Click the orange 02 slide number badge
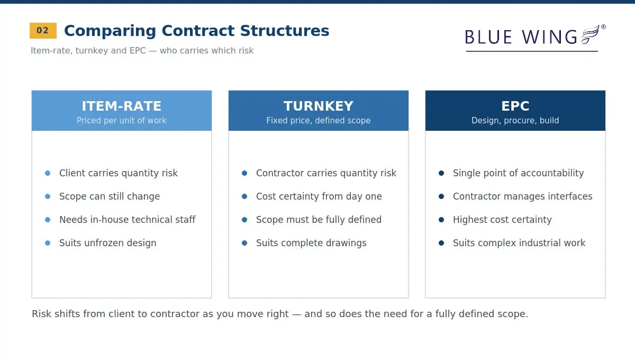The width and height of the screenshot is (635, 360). point(43,31)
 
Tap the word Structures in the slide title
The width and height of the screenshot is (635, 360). point(285,31)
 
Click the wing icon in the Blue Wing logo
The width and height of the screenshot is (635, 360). point(589,34)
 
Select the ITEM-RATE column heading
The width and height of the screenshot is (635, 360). point(122,106)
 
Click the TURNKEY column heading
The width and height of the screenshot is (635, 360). point(319,106)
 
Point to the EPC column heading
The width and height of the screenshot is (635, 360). point(515,106)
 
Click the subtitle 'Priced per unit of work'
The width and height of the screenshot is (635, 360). point(122,121)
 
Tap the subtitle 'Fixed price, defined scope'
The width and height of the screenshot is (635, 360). point(319,121)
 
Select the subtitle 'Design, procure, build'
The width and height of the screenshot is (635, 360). point(515,121)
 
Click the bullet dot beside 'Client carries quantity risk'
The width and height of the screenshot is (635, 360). point(48,173)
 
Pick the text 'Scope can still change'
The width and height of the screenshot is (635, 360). point(110,196)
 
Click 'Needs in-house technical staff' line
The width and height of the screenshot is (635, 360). point(128,220)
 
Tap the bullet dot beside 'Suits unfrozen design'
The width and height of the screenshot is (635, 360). point(48,243)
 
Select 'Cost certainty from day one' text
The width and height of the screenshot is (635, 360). point(319,196)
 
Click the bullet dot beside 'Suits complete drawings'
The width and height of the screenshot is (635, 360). point(244,243)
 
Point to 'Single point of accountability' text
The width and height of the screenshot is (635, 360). point(518,173)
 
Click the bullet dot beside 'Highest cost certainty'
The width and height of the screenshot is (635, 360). point(441,220)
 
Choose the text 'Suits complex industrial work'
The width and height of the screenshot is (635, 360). point(519,243)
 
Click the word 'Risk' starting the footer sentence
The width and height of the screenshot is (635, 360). point(41,314)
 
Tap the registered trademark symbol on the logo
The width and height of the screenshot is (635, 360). point(603,27)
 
